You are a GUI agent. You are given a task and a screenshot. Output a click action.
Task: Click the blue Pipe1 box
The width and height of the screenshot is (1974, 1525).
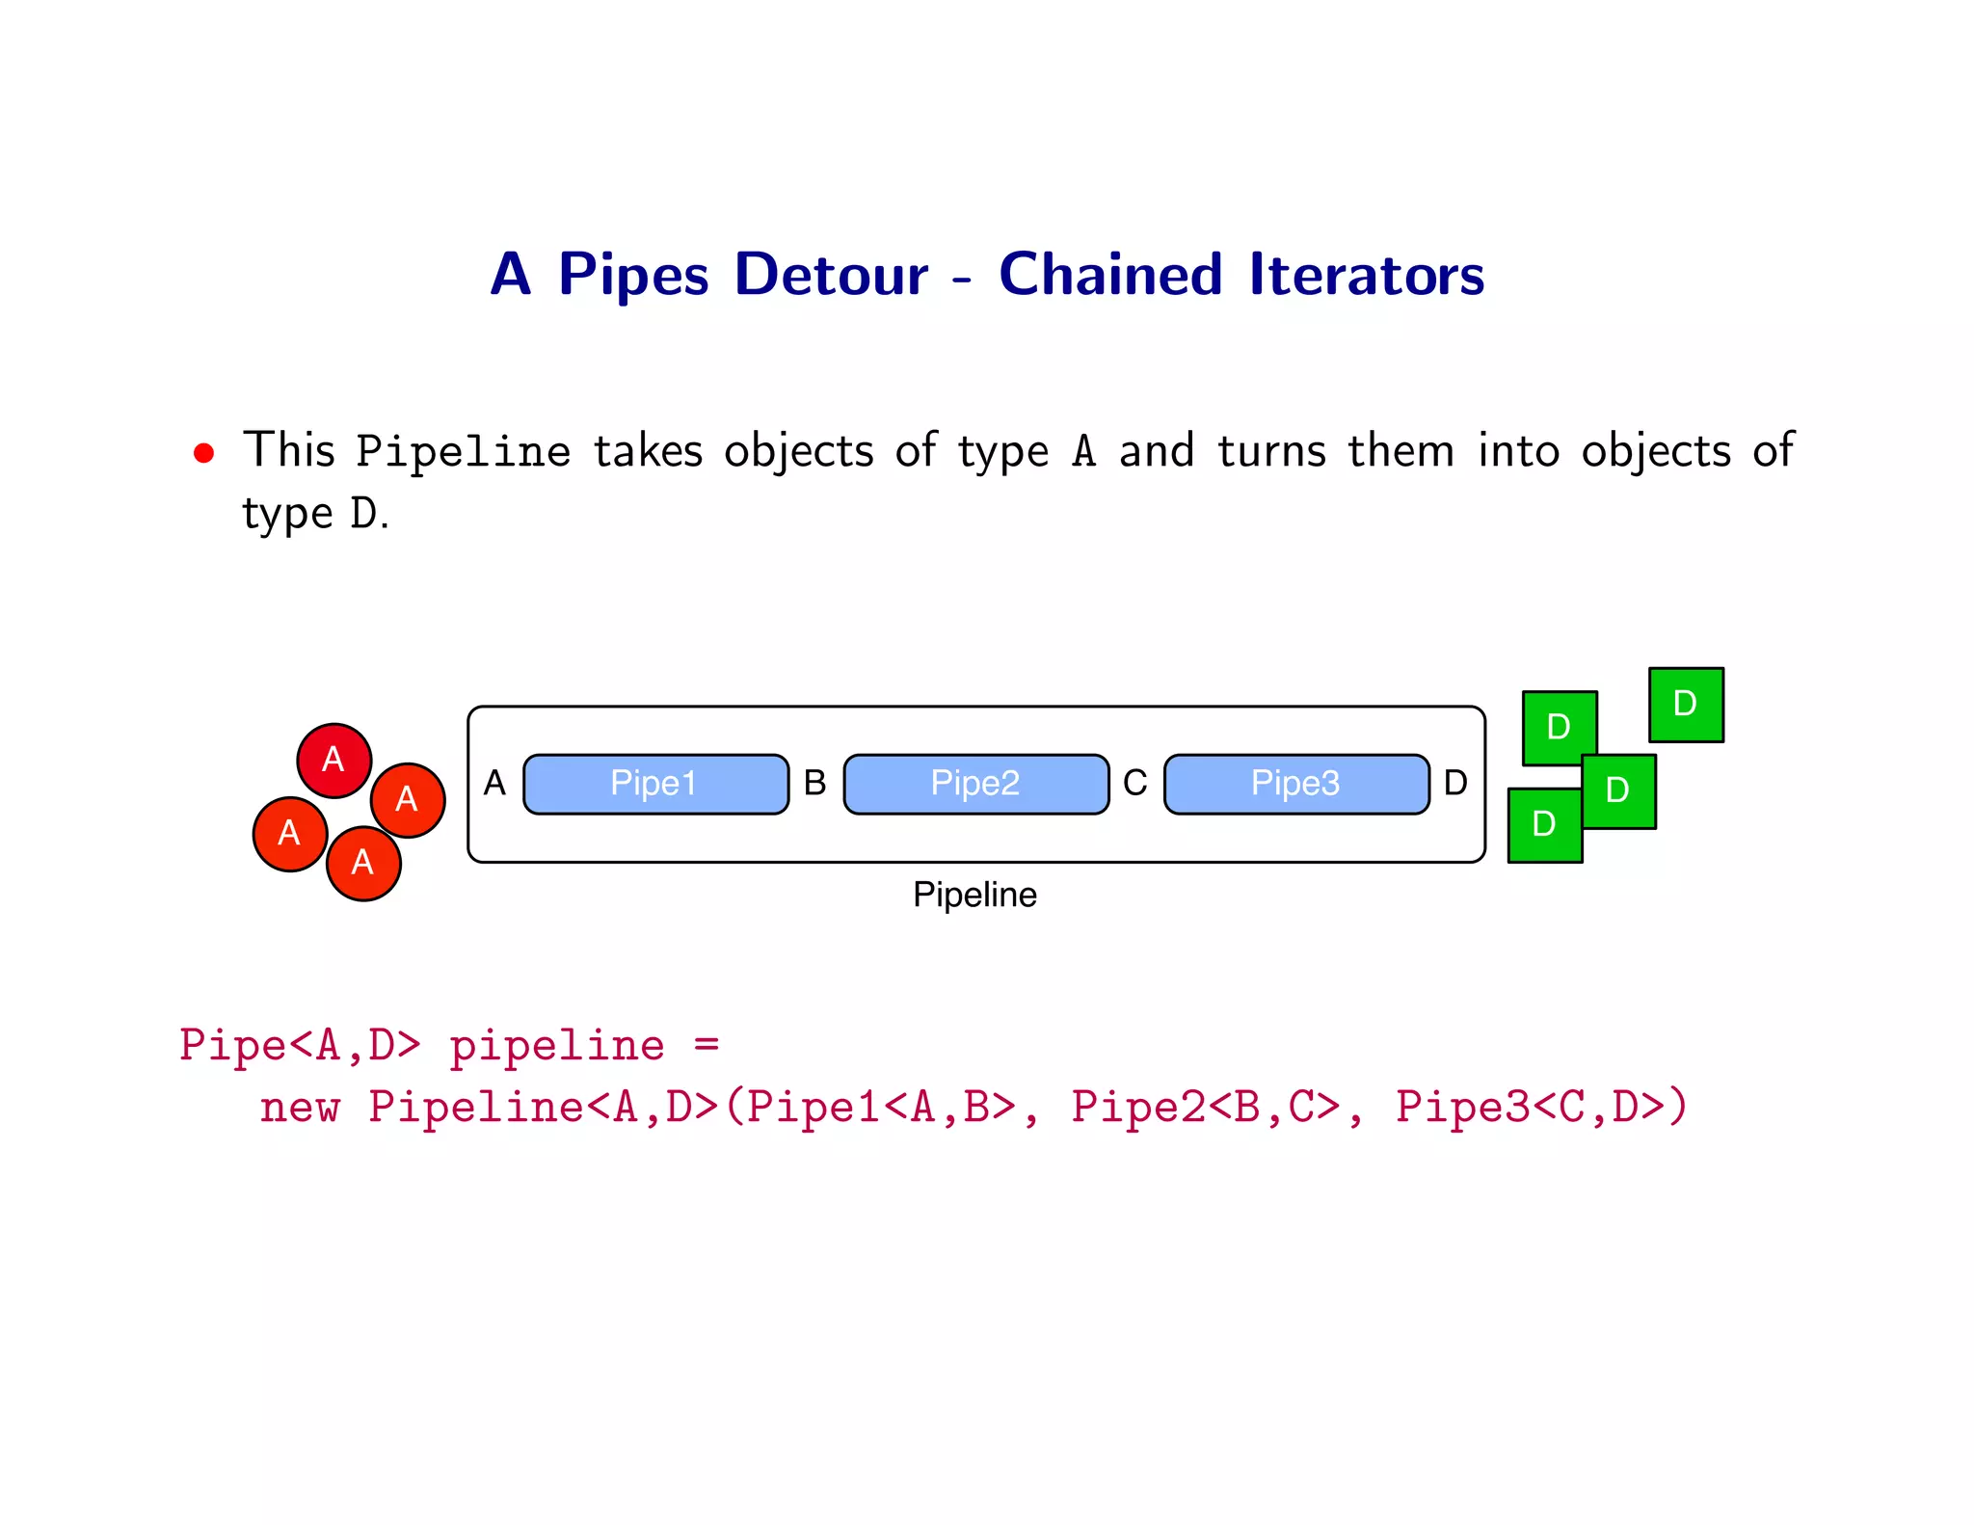pyautogui.click(x=655, y=784)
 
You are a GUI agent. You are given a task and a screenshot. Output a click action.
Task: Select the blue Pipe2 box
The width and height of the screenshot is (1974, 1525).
pyautogui.click(x=975, y=784)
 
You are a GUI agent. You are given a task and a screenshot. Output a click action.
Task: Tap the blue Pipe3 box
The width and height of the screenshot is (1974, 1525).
pyautogui.click(x=1295, y=784)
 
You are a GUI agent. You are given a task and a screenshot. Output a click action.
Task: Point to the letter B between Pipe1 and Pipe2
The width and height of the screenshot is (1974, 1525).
pyautogui.click(x=814, y=783)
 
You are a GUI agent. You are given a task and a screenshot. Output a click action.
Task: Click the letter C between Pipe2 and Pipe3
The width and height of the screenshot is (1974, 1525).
pyautogui.click(x=1135, y=783)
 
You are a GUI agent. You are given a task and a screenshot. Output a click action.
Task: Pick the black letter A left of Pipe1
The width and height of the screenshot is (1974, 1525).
pyautogui.click(x=494, y=783)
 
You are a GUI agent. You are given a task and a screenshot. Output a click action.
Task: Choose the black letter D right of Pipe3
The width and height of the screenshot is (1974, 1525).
pyautogui.click(x=1455, y=783)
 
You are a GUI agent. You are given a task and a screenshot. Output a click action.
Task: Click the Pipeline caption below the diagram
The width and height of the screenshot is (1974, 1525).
pyautogui.click(x=974, y=895)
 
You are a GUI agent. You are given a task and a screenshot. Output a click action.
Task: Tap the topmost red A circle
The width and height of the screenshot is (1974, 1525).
pyautogui.click(x=333, y=761)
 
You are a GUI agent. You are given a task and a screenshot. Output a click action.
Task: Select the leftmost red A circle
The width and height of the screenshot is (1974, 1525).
pyautogui.click(x=289, y=834)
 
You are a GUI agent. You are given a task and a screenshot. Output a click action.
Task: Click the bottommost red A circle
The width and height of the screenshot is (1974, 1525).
pyautogui.click(x=362, y=863)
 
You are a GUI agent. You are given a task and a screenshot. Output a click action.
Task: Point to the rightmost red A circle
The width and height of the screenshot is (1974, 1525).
pyautogui.click(x=408, y=799)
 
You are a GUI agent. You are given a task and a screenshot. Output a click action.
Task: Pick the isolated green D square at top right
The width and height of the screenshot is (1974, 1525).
pyautogui.click(x=1686, y=705)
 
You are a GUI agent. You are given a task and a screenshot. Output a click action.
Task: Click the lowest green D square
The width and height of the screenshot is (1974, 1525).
pyautogui.click(x=1544, y=825)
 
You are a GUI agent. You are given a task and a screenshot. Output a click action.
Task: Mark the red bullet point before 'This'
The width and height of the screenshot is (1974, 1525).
pyautogui.click(x=203, y=453)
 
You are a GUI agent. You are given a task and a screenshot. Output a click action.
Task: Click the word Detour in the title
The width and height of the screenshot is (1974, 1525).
pyautogui.click(x=831, y=275)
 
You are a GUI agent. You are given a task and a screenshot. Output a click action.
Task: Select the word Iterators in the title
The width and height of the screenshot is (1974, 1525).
pyautogui.click(x=1366, y=275)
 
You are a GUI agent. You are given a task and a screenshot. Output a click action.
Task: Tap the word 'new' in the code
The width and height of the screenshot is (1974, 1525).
pyautogui.click(x=299, y=1107)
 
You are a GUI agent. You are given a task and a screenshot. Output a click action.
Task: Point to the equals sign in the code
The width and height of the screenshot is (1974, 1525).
pyautogui.click(x=707, y=1044)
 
